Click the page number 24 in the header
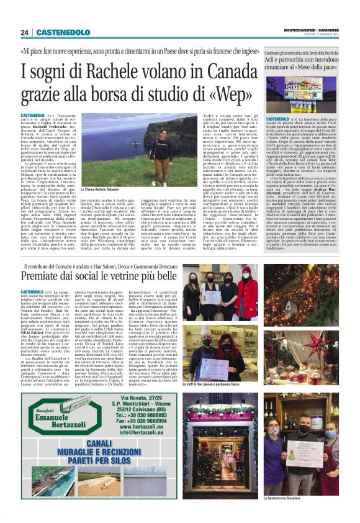point(24,32)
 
